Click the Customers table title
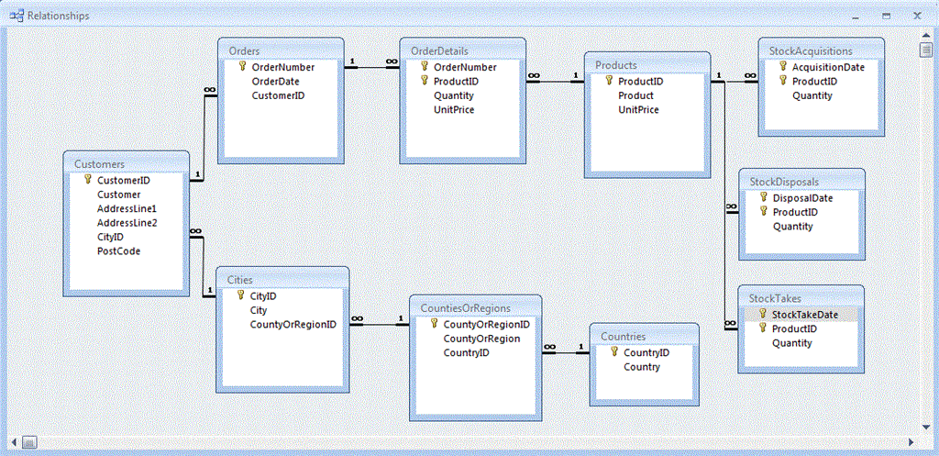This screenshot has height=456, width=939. point(99,163)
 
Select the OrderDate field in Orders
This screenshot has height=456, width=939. point(275,82)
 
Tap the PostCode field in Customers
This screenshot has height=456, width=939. point(118,251)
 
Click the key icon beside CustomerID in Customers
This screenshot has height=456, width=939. point(88,179)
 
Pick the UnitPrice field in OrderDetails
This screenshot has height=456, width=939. point(454,110)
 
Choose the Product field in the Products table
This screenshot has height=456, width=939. point(636,95)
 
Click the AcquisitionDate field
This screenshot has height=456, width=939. point(829,67)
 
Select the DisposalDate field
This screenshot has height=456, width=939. point(802,198)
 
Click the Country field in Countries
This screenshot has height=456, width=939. point(642,367)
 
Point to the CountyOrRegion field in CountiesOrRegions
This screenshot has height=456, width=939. point(481,339)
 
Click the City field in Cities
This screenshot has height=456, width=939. point(259,310)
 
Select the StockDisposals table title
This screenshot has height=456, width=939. point(784,181)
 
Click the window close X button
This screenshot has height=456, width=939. point(917,16)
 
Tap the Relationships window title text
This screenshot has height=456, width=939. point(59,16)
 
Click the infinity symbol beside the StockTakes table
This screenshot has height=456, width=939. point(731,324)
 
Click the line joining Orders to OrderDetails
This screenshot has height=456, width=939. point(372,67)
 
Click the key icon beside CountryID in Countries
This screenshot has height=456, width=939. point(614,352)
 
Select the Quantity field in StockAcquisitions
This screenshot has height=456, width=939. point(812,95)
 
